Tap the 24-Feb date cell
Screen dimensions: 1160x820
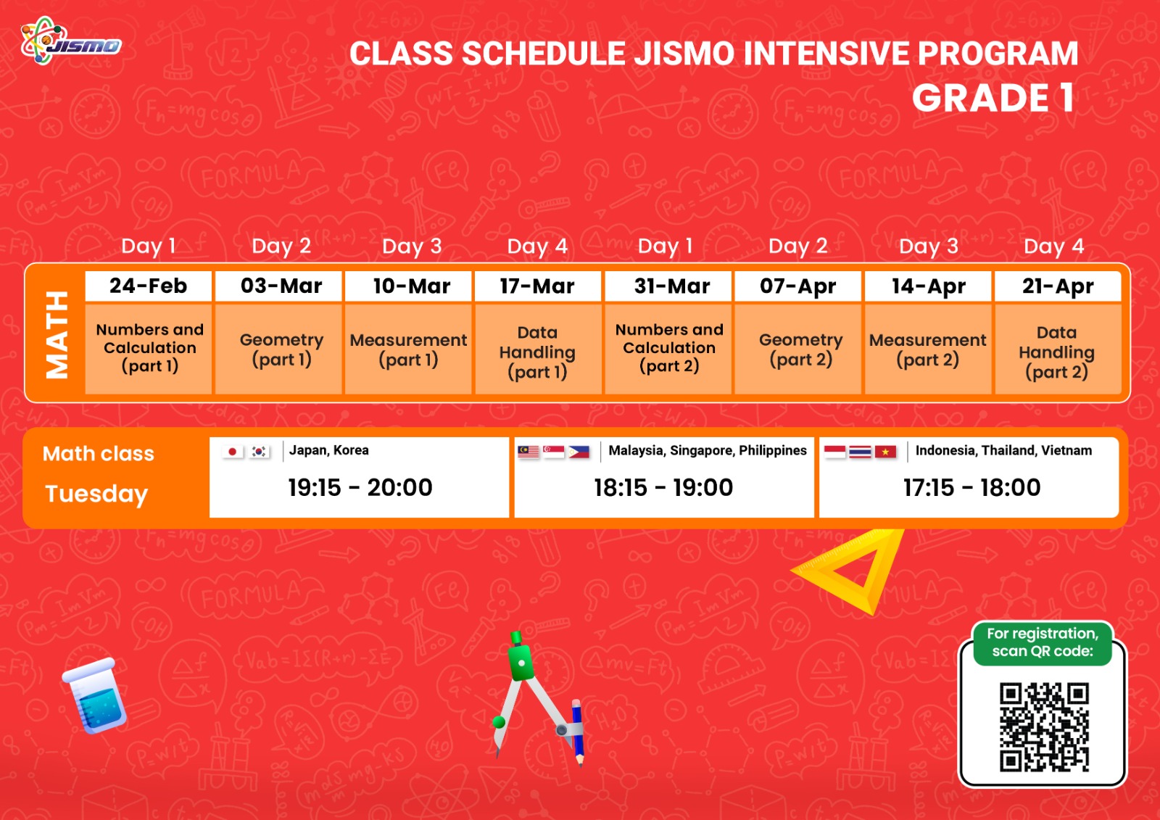(x=148, y=286)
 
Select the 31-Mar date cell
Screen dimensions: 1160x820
(x=668, y=286)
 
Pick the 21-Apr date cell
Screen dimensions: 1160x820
(x=1058, y=286)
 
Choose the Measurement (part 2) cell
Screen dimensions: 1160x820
(x=928, y=349)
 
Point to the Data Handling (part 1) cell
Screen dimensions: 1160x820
(x=538, y=349)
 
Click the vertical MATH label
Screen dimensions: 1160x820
(x=57, y=335)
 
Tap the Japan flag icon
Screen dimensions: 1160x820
(x=233, y=452)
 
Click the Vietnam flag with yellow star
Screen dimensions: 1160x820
(x=885, y=452)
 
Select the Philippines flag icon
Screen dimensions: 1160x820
(x=579, y=452)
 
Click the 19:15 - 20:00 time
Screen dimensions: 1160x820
(x=360, y=487)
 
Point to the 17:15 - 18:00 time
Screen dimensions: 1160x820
(x=972, y=487)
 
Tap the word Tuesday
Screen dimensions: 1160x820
(x=96, y=494)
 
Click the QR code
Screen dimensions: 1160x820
(x=1044, y=726)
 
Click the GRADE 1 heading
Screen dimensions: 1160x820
(x=994, y=98)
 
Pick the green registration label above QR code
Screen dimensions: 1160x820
(x=1043, y=642)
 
